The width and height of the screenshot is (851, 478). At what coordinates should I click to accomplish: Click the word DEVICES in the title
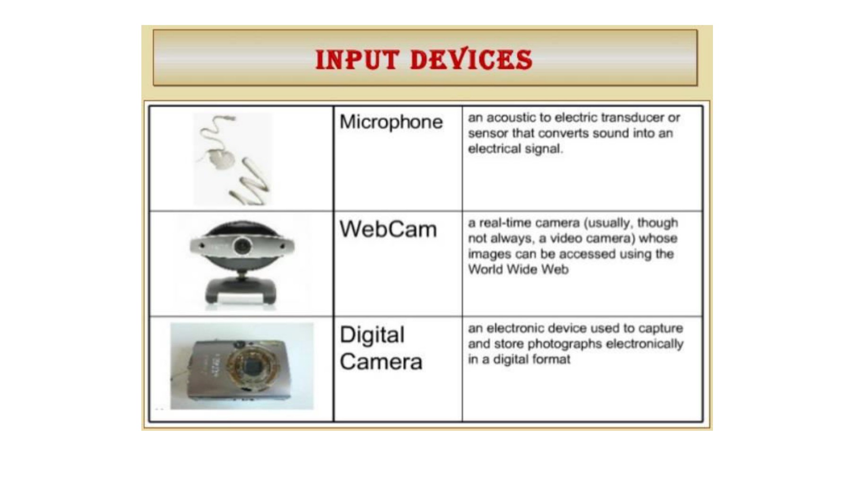471,60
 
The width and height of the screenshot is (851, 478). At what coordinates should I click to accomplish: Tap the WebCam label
388,230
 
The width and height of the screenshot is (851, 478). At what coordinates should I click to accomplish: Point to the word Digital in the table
372,335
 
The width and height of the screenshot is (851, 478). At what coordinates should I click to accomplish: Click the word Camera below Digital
381,362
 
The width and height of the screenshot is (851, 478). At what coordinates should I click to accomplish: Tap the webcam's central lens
243,246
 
